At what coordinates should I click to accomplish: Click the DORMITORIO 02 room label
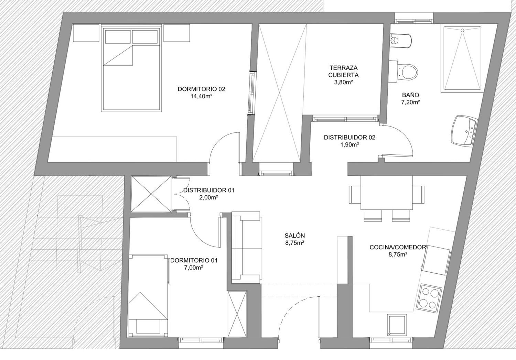tap(201, 89)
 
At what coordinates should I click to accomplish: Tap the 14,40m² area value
tap(201, 96)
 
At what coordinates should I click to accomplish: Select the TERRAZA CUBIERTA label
tap(343, 72)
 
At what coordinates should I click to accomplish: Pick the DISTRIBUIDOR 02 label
tap(350, 138)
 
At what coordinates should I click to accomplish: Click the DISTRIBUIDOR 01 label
tap(209, 190)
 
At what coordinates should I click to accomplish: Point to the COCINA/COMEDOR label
tap(397, 247)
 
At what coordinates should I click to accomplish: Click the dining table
tap(387, 193)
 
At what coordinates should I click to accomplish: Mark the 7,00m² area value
tap(193, 268)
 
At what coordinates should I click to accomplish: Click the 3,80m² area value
tap(344, 82)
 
